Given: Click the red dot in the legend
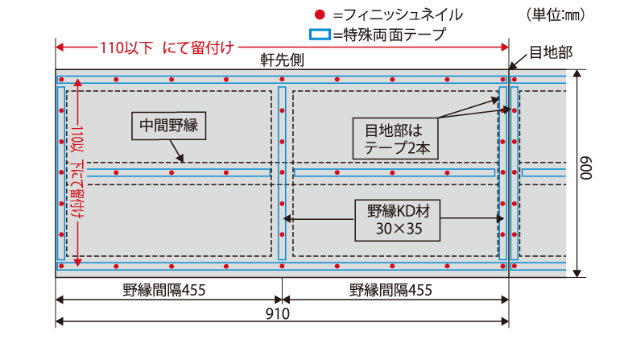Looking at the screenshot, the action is (x=319, y=14).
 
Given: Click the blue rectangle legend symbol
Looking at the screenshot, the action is (x=320, y=35).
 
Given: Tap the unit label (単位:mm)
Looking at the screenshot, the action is (x=556, y=14).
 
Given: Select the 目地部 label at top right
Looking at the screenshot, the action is (x=551, y=52).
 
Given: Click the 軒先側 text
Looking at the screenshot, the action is (x=283, y=60).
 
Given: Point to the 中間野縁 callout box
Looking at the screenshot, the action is (x=168, y=126).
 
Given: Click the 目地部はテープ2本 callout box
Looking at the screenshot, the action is (x=395, y=139).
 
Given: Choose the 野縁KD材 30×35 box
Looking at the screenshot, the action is (x=397, y=220).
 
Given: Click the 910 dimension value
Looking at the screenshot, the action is (x=278, y=313).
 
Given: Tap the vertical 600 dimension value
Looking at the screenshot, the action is (x=585, y=168).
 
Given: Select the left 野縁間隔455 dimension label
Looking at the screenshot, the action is (x=164, y=290).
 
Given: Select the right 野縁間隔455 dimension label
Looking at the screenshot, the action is (x=391, y=290).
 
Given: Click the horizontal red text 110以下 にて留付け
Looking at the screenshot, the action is (x=167, y=48).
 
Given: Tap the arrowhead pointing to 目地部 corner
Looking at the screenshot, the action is (x=513, y=66).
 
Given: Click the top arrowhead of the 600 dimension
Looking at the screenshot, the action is (x=576, y=73).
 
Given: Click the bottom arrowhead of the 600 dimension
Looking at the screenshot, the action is (x=576, y=273).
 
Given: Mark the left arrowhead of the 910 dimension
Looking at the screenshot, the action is (x=60, y=321).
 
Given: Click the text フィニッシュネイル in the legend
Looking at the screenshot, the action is (x=403, y=15).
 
